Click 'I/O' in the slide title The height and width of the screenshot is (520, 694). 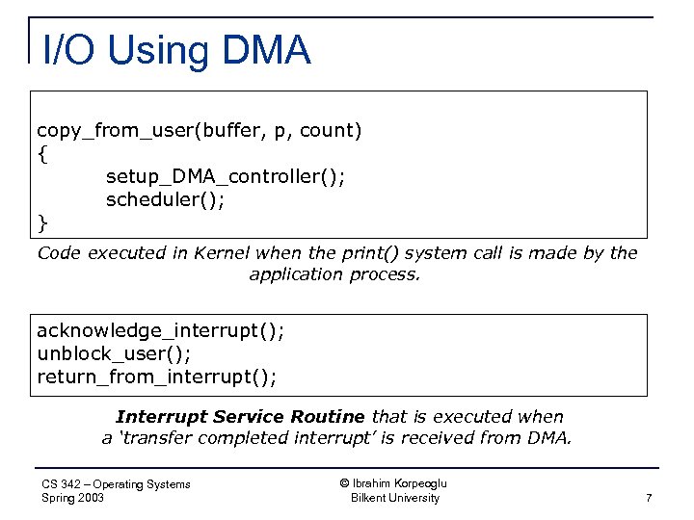(70, 49)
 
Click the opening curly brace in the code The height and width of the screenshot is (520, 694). (41, 153)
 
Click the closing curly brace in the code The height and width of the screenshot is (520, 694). (41, 223)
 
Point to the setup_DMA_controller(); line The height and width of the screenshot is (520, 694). (225, 176)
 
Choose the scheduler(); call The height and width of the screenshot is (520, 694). (165, 200)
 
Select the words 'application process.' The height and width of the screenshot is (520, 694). (334, 274)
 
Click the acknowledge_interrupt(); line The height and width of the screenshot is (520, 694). (160, 330)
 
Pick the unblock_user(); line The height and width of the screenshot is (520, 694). (114, 353)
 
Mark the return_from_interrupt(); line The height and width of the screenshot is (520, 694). (156, 377)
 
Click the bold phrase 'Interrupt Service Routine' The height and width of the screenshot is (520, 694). (240, 417)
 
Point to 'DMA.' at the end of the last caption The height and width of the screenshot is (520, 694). (551, 438)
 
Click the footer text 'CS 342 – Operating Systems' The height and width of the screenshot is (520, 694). (116, 484)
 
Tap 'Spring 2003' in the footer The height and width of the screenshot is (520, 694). (73, 498)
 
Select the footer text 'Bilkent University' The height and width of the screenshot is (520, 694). (394, 498)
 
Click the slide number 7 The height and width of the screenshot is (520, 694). (649, 498)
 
